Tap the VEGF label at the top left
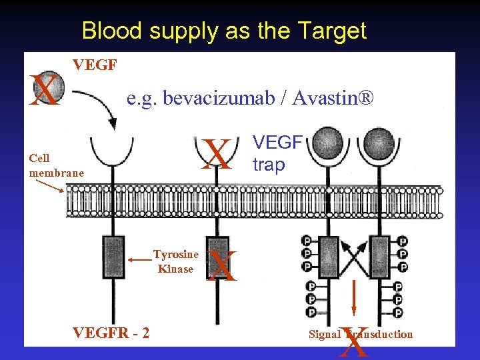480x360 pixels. (x=95, y=65)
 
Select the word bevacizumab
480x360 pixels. (x=201, y=99)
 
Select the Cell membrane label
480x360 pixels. (x=56, y=165)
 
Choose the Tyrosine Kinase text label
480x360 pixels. (x=175, y=261)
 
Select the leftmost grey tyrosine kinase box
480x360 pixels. (x=113, y=256)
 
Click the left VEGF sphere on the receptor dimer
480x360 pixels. (x=327, y=141)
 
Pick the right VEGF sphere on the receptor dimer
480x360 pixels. (x=380, y=141)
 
